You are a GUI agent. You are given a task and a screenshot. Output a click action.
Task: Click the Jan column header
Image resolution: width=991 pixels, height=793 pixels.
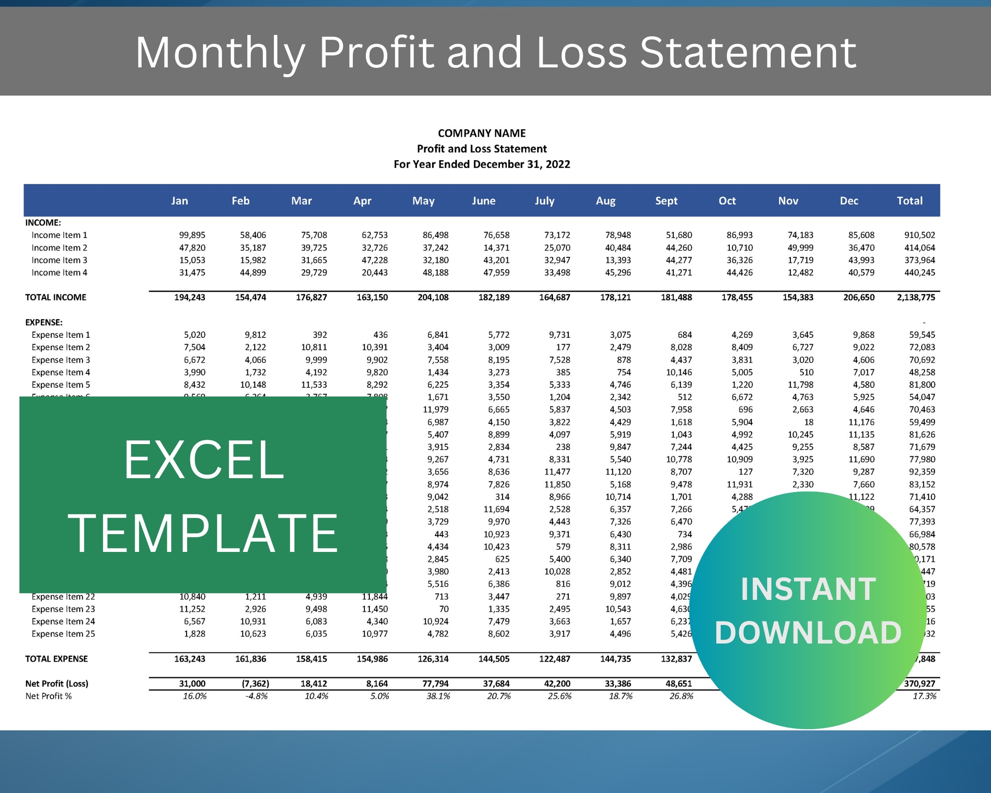point(179,201)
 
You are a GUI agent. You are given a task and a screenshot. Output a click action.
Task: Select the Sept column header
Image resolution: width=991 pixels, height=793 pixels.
point(666,201)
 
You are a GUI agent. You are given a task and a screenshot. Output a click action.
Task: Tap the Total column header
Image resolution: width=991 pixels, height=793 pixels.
point(910,201)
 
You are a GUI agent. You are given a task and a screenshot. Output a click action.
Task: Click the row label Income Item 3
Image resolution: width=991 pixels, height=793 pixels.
point(59,260)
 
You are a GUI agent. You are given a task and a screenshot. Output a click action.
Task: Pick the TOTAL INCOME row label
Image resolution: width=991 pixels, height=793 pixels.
point(55,297)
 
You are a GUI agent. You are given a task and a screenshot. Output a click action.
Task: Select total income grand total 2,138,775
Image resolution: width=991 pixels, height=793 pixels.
point(916,297)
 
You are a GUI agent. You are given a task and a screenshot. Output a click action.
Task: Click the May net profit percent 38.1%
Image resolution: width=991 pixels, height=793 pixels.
point(438,696)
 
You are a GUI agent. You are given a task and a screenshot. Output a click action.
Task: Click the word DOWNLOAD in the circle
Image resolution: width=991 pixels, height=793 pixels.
point(808,633)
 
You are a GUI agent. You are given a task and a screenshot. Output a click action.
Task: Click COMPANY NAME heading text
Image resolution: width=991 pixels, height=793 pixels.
point(481,133)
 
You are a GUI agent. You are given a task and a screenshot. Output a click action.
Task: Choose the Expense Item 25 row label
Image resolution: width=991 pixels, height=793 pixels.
point(63,634)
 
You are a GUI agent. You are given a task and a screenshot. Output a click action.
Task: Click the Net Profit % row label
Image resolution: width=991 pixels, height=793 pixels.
point(49,696)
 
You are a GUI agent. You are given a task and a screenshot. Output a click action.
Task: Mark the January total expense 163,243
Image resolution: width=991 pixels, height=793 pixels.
point(189,659)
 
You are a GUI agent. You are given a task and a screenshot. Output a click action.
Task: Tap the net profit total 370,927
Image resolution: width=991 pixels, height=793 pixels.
point(919,684)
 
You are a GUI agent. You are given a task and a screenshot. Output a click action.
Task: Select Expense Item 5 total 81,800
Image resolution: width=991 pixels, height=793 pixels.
point(922,385)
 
